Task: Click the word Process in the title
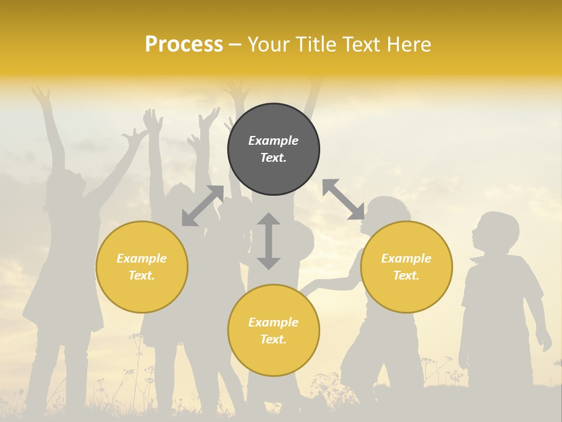[184, 45]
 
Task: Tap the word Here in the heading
[407, 45]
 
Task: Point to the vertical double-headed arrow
[269, 241]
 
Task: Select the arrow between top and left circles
[203, 206]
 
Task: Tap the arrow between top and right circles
[343, 199]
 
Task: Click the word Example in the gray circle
[273, 141]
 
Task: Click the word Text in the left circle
[142, 275]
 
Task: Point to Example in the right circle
[406, 258]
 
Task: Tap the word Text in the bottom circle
[273, 339]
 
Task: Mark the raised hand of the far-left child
[42, 95]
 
